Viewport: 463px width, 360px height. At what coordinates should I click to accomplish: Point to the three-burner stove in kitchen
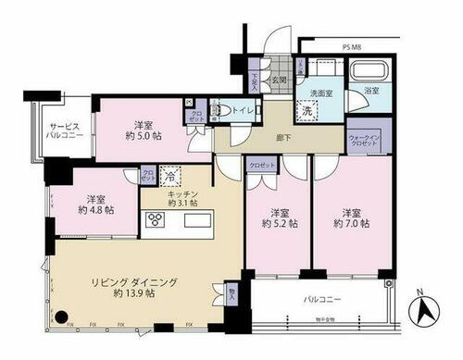tap(155, 219)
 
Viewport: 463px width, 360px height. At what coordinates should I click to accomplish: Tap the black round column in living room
tap(61, 317)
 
